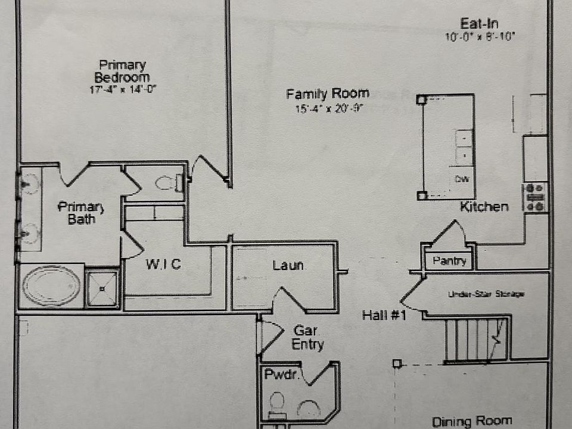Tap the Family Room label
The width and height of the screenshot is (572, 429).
tap(327, 94)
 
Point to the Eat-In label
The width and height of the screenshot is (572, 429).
tap(479, 24)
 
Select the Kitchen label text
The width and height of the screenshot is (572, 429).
tap(484, 207)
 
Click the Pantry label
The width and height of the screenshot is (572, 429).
tap(449, 261)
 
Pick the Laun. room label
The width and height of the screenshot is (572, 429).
tap(288, 266)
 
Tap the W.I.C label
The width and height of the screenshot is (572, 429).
tap(163, 264)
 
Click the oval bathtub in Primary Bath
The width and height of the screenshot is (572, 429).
tap(51, 286)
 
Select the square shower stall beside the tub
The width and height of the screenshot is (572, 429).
tap(102, 288)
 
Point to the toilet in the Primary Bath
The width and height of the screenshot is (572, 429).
tap(168, 183)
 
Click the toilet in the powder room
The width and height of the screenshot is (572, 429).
tap(276, 403)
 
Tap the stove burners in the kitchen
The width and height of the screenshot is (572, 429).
tap(535, 197)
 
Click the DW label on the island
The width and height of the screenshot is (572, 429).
tap(461, 179)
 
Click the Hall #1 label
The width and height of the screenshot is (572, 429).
tap(384, 315)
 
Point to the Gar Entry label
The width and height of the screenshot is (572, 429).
tap(307, 338)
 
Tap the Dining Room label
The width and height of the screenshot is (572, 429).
tap(471, 422)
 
